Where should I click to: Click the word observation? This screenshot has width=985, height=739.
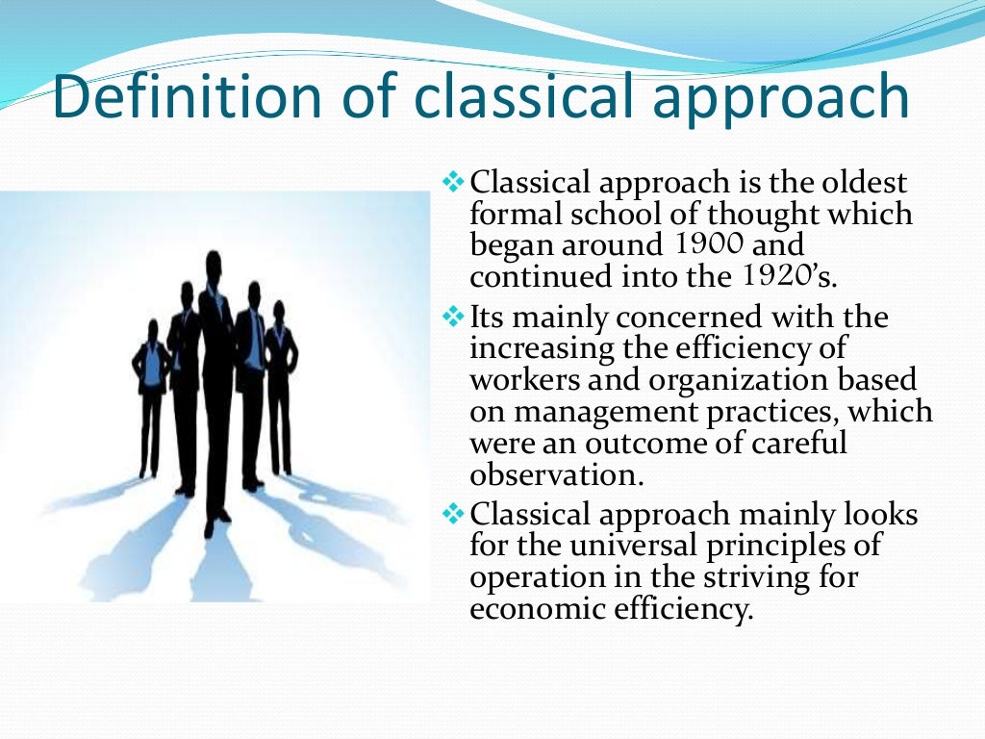[554, 475]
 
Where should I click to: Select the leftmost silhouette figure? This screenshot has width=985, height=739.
[151, 395]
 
